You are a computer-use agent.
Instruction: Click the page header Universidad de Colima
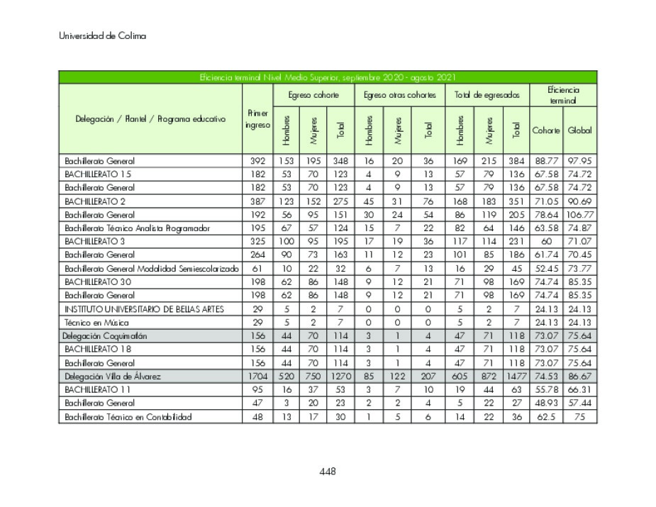[x=102, y=36]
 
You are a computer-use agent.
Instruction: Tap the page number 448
[x=327, y=472]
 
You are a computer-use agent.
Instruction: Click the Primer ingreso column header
[x=257, y=119]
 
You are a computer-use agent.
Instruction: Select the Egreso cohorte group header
[x=313, y=95]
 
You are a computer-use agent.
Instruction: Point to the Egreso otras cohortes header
[x=399, y=95]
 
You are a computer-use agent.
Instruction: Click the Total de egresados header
[x=487, y=95]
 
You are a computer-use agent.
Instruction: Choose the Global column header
[x=579, y=130]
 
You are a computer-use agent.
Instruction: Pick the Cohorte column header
[x=546, y=130]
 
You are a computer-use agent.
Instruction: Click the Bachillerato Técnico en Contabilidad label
[x=128, y=417]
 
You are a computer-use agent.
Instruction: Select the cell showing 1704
[x=257, y=377]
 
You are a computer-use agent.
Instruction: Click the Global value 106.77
[x=579, y=215]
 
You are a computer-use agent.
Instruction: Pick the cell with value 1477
[x=517, y=377]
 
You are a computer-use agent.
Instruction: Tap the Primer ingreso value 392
[x=257, y=161]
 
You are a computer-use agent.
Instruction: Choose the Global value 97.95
[x=579, y=161]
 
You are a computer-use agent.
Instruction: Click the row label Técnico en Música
[x=91, y=323]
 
